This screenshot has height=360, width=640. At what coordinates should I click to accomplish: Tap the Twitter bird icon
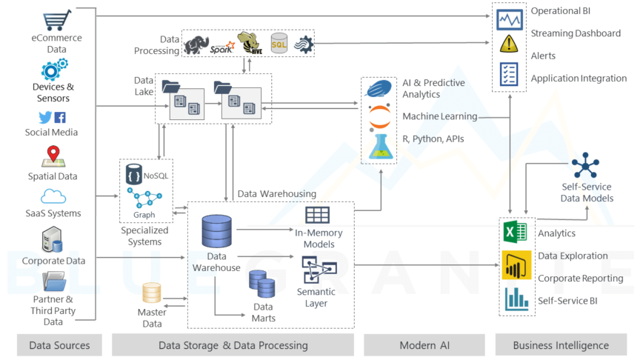coord(45,117)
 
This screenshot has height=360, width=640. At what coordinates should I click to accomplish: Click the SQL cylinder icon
coord(279,43)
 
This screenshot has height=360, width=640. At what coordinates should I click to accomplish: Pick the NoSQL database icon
coord(134,175)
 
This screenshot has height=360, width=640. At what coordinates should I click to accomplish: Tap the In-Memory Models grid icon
coord(317,216)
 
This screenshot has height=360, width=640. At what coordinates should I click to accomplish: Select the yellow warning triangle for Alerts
coord(509,44)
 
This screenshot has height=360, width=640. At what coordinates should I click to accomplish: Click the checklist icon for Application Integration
coord(509,73)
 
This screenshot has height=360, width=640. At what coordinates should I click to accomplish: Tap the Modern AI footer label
coord(424,345)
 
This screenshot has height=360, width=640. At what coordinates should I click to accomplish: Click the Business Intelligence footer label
coord(561,345)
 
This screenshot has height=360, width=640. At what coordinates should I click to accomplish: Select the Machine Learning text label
coord(439,116)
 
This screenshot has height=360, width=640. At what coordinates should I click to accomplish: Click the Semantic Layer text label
coord(316,297)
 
